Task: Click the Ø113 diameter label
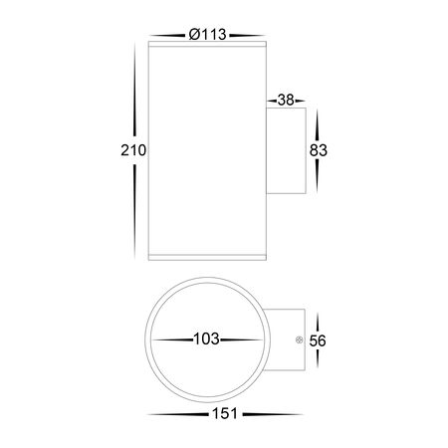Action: pyautogui.click(x=208, y=34)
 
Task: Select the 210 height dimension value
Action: pyautogui.click(x=133, y=150)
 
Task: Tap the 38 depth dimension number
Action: pyautogui.click(x=286, y=100)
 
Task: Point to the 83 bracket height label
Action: pyautogui.click(x=319, y=150)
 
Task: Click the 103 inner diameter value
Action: pyautogui.click(x=206, y=339)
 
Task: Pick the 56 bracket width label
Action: pyautogui.click(x=318, y=340)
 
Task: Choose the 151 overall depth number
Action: pyautogui.click(x=224, y=414)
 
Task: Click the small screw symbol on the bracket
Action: pyautogui.click(x=299, y=339)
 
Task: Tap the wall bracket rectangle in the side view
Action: pyautogui.click(x=286, y=150)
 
